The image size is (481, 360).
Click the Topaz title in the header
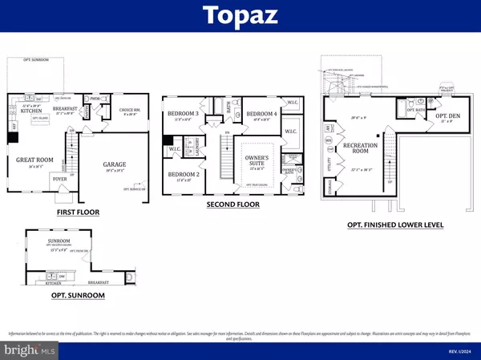240,15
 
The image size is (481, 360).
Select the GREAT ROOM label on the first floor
34,160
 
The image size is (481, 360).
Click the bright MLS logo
30,350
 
